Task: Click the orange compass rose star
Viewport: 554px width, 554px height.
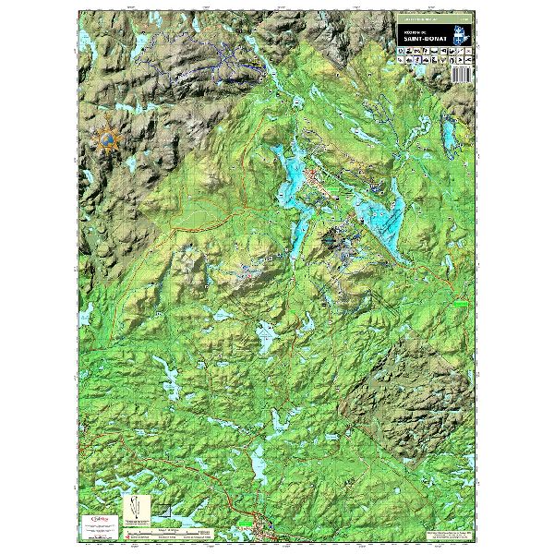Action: (x=109, y=139)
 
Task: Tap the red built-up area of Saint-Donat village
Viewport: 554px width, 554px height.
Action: (x=321, y=181)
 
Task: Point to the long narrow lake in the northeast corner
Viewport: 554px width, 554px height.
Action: (x=448, y=135)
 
